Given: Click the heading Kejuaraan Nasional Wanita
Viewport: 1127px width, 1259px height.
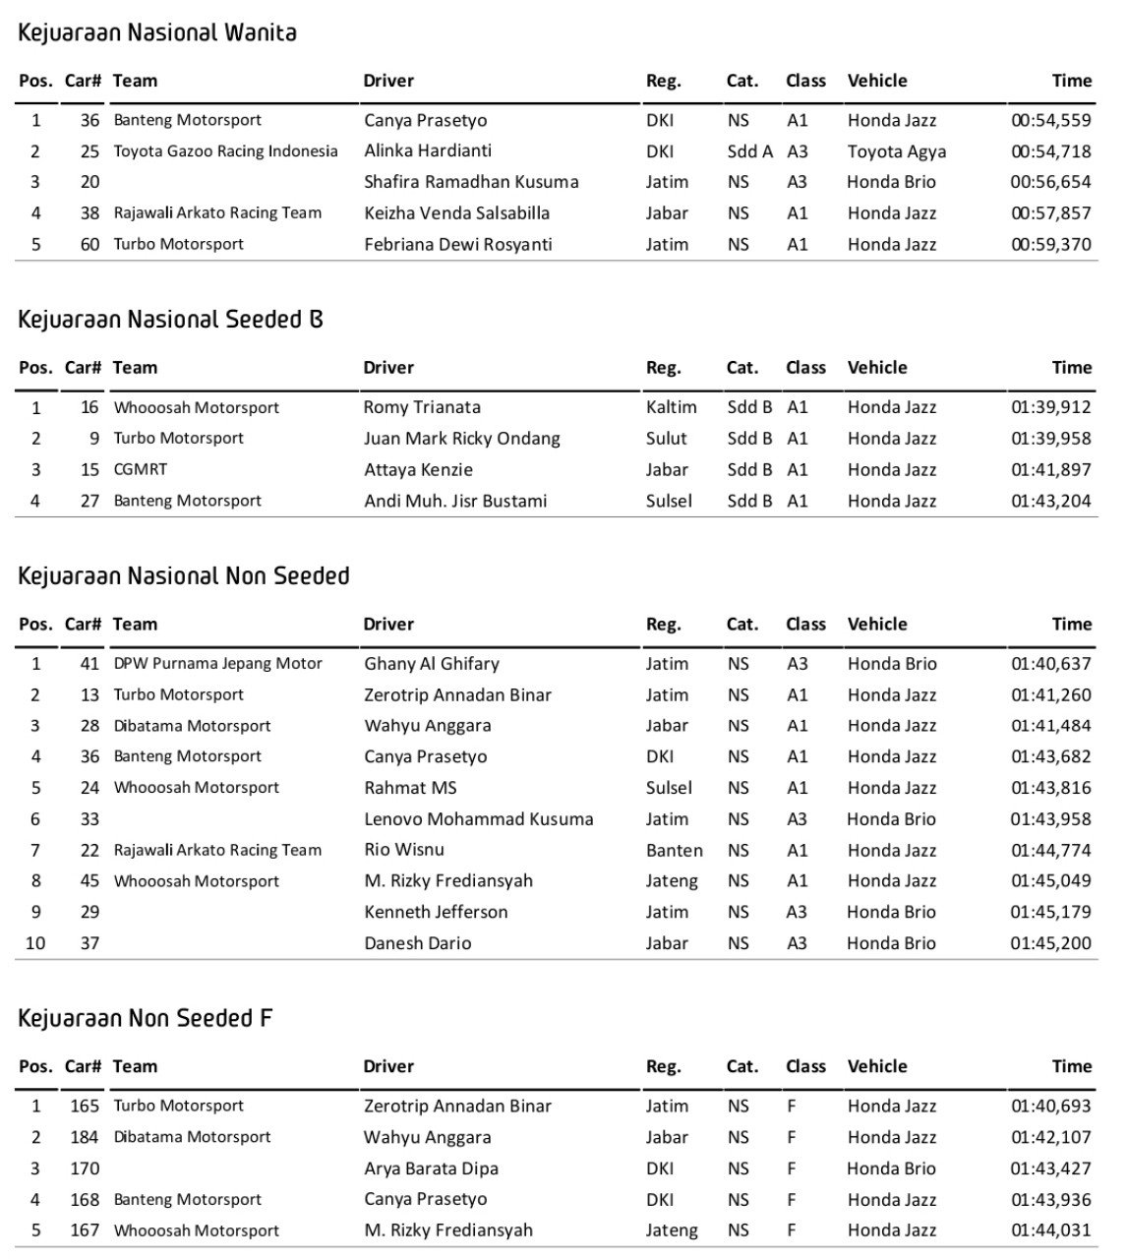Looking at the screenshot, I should tap(157, 32).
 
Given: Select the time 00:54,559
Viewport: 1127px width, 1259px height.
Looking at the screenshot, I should tap(1050, 121).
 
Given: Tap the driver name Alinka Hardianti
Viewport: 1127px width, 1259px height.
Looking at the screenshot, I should tap(428, 150).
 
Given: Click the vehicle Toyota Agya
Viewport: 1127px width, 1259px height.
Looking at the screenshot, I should tap(896, 151).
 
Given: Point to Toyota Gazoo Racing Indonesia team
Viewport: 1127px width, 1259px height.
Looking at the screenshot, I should tap(225, 151).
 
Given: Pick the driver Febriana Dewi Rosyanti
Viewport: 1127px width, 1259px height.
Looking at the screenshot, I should tap(458, 244).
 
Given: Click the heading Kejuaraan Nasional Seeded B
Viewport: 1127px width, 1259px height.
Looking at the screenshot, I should tap(170, 320).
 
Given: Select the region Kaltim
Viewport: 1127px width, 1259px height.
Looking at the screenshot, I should tap(671, 407).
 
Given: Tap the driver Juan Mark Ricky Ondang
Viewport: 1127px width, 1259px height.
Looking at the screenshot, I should tap(461, 439).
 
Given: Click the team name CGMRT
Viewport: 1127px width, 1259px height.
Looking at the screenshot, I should tap(141, 470).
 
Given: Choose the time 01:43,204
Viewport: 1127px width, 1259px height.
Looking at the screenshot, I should tap(1050, 501).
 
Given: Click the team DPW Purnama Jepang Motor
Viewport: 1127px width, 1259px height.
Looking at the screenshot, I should tap(217, 664).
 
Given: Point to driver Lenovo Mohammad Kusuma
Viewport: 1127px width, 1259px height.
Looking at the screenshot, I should tap(478, 819).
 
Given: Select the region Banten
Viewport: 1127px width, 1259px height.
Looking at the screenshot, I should tap(674, 850).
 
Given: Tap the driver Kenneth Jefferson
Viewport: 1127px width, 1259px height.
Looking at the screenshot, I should tap(436, 912).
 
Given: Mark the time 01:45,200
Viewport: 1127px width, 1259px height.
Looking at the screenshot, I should tap(1050, 943).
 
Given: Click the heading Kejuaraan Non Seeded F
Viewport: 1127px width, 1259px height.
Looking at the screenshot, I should tap(145, 1018).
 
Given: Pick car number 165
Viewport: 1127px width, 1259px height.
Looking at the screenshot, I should tap(85, 1106).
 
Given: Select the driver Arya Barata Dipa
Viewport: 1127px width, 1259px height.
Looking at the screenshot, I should tap(431, 1169).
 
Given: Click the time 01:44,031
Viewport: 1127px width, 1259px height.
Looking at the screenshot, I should tap(1050, 1230).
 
